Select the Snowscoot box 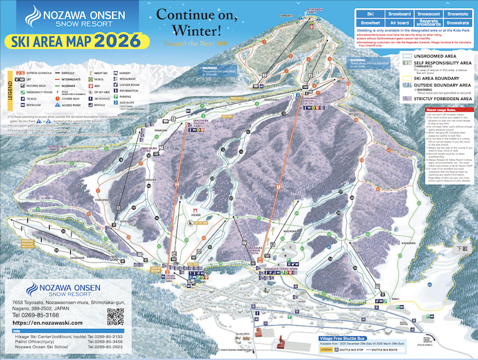(x=430, y=12)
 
